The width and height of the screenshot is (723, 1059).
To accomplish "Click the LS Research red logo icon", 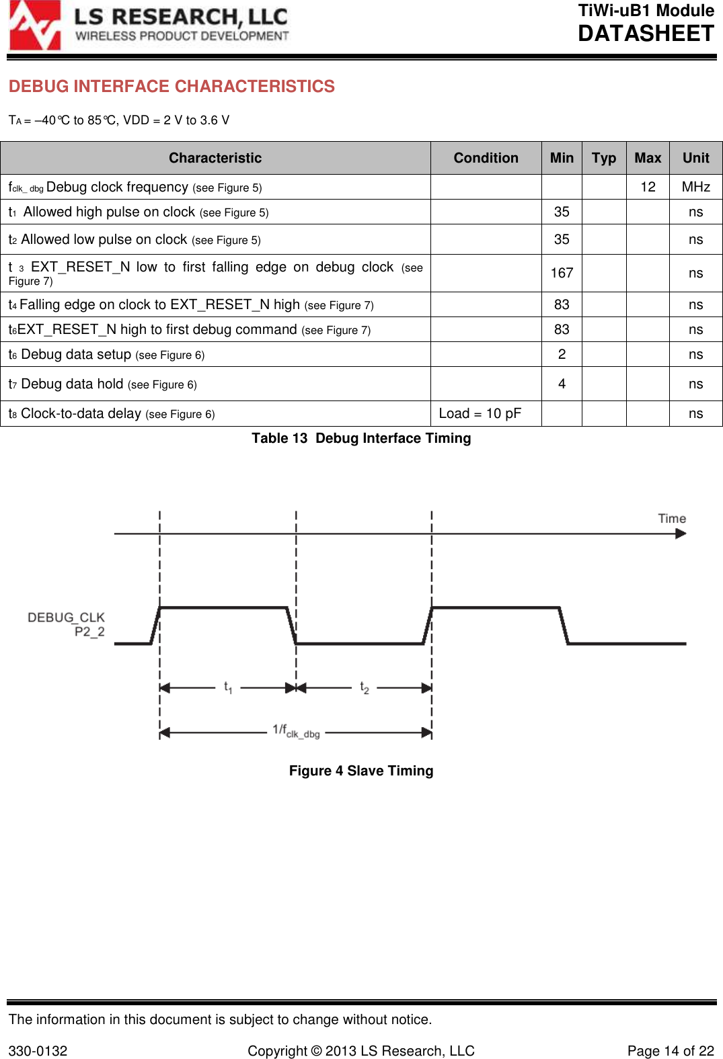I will pos(35,26).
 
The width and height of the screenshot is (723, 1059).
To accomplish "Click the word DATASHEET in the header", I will pos(646,34).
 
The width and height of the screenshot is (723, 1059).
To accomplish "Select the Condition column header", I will pos(486,158).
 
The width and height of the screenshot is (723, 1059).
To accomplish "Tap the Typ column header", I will pos(603,158).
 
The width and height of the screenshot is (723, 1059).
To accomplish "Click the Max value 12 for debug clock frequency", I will pos(648,187).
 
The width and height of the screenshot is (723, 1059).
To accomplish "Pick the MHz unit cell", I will pos(695,187).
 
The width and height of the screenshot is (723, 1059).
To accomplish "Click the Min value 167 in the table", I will pos(562,273).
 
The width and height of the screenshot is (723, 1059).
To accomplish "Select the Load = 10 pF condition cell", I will pos(480,413).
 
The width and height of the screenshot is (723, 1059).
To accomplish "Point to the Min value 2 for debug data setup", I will pos(562,354).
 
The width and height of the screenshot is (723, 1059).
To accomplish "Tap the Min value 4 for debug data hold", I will pos(562,384).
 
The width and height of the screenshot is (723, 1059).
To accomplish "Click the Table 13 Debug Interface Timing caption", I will pos(361,438).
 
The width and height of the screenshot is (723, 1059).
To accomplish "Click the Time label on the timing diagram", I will pos(671,518).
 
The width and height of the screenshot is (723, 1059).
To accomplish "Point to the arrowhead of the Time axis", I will pos(681,534).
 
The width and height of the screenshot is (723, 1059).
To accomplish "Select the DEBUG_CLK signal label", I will pos(66,618).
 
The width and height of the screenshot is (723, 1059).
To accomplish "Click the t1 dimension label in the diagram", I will pos(228,687).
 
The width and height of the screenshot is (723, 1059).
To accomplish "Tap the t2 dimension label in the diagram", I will pos(365,687).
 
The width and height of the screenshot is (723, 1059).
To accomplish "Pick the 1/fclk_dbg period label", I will pos(296,731).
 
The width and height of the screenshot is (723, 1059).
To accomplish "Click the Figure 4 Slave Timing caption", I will pos(361,771).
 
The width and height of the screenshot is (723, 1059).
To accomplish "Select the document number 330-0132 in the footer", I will pos(38,1051).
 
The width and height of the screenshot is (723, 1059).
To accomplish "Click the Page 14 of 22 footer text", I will pos(670,1051).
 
